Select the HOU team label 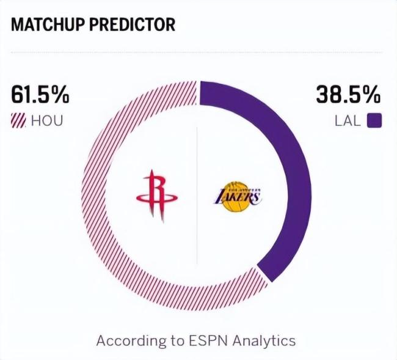pyautogui.click(x=47, y=120)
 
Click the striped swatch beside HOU pyautogui.click(x=18, y=120)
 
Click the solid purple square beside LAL pyautogui.click(x=374, y=120)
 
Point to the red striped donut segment pyautogui.click(x=104, y=202)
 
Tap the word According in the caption pyautogui.click(x=127, y=340)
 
